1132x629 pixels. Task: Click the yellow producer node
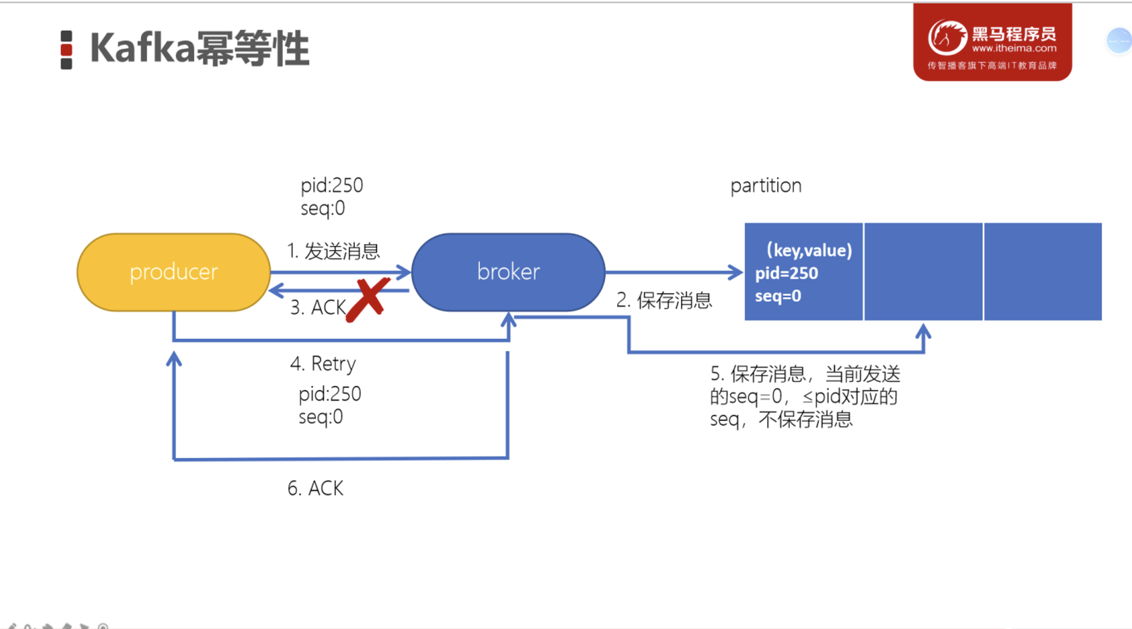(173, 272)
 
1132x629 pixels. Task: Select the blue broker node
(508, 272)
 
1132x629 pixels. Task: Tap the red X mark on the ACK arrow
(368, 300)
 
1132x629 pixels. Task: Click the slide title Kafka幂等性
(200, 49)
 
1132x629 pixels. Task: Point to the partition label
(766, 186)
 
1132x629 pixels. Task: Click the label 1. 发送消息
(333, 251)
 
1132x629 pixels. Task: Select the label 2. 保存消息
(664, 300)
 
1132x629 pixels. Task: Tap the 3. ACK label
(318, 307)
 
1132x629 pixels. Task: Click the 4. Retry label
(323, 364)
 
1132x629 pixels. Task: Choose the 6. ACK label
(315, 488)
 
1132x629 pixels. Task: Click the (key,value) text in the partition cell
(809, 250)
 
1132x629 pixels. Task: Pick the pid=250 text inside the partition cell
(786, 273)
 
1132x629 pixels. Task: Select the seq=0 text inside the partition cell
(778, 296)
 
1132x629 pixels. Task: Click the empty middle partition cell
(923, 271)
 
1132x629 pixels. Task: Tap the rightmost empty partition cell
(1043, 271)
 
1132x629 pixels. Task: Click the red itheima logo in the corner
(992, 42)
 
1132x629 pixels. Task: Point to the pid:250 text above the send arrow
(332, 186)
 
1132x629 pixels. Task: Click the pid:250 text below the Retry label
(330, 394)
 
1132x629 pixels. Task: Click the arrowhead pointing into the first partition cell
(735, 272)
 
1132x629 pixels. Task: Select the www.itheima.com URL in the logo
(1014, 48)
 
